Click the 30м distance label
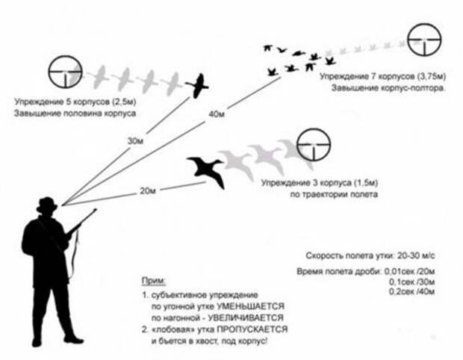pos(135,141)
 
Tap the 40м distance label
pos(217,114)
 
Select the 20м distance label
pos(148,190)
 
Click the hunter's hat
pos(47,205)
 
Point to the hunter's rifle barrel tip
pos(96,210)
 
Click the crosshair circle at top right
pos(424,40)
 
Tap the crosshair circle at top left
pos(65,72)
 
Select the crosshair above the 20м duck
pos(314,145)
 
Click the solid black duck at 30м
pos(197,86)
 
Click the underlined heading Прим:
pos(154,281)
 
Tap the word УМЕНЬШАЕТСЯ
pos(250,306)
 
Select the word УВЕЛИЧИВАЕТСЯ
pos(246,317)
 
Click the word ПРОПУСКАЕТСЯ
pos(252,329)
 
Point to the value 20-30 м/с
pos(417,255)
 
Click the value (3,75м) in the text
pos(432,76)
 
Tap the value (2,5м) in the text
pos(124,102)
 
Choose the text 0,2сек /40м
pos(412,292)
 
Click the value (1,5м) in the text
pos(366,183)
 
